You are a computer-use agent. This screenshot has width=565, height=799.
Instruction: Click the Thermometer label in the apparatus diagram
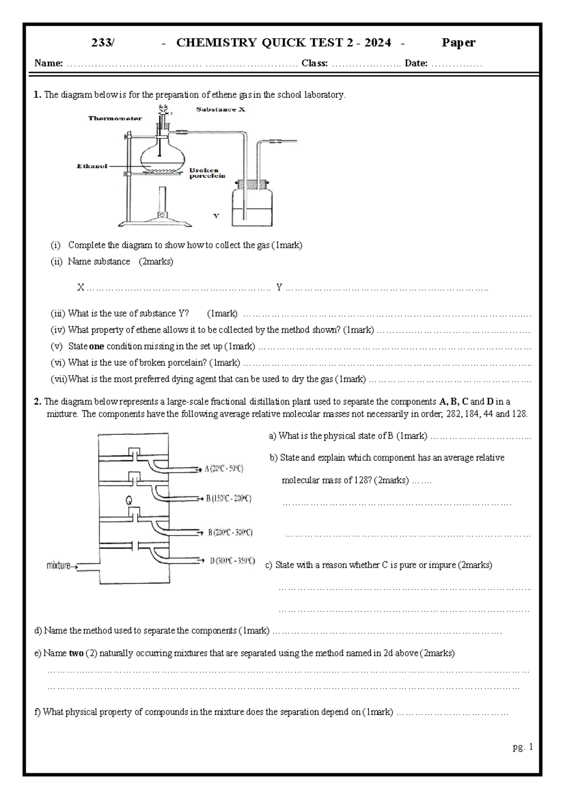coord(115,118)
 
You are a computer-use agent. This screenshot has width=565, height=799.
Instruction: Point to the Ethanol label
coord(92,166)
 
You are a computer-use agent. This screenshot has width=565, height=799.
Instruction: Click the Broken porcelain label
coord(207,173)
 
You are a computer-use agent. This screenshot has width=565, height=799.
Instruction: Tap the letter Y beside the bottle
coord(216,216)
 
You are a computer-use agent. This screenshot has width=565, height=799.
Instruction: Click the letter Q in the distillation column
coord(129,500)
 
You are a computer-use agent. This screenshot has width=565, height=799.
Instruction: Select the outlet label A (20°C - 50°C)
coord(224,469)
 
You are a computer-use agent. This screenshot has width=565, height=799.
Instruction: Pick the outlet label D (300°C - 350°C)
coord(232,561)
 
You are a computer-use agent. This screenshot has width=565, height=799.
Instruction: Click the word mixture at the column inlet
coord(58,565)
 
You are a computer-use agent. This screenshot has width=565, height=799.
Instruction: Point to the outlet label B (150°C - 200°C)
coord(228,498)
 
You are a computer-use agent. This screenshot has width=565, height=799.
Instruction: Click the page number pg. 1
coord(523,747)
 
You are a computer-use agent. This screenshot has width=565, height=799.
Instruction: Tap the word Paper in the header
coord(458,43)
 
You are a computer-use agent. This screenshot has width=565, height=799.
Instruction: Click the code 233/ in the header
coord(103,43)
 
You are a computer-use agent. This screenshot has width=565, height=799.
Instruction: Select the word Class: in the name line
coord(315,63)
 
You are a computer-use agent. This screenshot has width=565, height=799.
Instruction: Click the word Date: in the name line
coord(416,63)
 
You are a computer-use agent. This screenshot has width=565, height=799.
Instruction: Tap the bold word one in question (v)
coord(97,346)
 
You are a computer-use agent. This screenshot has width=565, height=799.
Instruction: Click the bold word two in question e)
coord(76,653)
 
